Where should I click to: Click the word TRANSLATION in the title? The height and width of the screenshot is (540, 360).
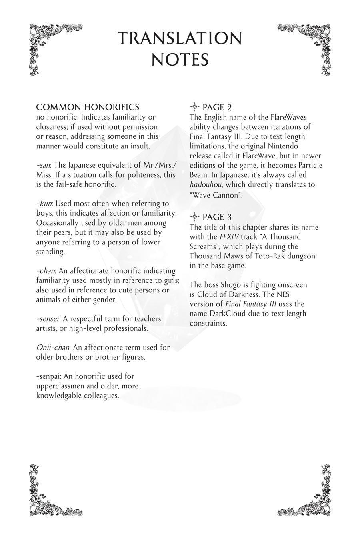click(x=180, y=38)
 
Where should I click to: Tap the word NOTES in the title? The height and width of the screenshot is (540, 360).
click(x=180, y=60)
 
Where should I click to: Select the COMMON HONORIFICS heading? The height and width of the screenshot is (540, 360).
click(x=88, y=107)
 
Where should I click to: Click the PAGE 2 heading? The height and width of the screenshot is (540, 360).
click(x=217, y=107)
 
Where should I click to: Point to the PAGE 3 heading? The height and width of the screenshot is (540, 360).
click(x=217, y=217)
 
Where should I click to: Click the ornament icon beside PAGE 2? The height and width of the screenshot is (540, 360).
click(x=194, y=107)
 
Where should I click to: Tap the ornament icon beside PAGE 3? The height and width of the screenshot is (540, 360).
click(x=194, y=217)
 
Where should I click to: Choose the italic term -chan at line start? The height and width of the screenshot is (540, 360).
click(x=46, y=271)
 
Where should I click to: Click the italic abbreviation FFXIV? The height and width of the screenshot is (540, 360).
click(x=229, y=237)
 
